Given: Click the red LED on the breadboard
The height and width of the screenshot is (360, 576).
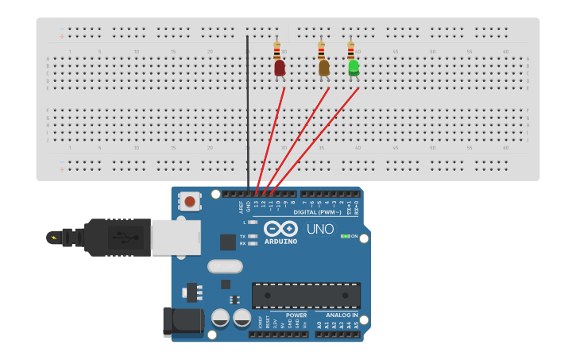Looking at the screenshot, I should click(280, 68).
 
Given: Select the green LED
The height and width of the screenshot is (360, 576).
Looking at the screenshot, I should click(354, 68).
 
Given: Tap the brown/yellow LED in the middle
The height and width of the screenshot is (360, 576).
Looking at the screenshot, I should click(324, 68).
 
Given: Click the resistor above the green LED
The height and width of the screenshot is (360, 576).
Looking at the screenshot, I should click(350, 50).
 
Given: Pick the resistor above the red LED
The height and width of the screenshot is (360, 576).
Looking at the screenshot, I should click(276, 50).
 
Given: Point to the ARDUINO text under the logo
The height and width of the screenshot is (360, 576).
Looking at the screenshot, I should click(280, 242).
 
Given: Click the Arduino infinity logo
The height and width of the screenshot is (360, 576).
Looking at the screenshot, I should click(280, 228).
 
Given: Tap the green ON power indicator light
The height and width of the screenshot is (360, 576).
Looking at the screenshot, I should click(345, 236).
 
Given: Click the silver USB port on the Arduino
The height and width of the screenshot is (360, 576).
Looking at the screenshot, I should click(176, 237).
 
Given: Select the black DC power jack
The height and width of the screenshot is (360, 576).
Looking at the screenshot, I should click(181, 320).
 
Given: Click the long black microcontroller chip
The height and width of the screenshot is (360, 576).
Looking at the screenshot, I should click(306, 295).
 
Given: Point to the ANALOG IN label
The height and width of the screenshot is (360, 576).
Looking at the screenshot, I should click(342, 315).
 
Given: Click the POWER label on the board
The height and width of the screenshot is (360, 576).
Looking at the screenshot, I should click(296, 315).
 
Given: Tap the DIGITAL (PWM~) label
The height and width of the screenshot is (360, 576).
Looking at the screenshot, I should click(318, 212).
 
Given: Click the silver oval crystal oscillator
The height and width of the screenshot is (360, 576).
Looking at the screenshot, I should click(225, 266).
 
